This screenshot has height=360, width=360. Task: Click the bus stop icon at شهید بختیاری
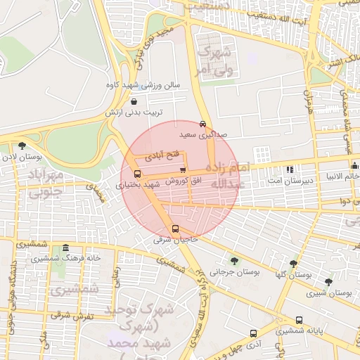(x=136, y=174)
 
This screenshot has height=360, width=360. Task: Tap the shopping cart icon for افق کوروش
(x=183, y=169)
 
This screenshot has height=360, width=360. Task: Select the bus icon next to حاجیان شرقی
(x=175, y=229)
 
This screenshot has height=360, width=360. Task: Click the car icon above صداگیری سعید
(x=203, y=122)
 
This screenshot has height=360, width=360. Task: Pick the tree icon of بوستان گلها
(x=293, y=264)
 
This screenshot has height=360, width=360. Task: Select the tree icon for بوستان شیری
(x=329, y=282)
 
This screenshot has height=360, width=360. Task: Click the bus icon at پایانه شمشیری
(x=300, y=320)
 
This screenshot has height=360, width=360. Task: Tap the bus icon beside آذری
(x=253, y=333)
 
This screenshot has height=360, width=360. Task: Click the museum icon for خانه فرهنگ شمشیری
(x=65, y=247)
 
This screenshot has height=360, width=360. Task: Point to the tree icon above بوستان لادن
(x=22, y=146)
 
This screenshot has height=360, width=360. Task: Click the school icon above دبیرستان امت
(x=290, y=169)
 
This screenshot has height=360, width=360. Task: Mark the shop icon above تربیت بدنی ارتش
(x=134, y=102)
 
